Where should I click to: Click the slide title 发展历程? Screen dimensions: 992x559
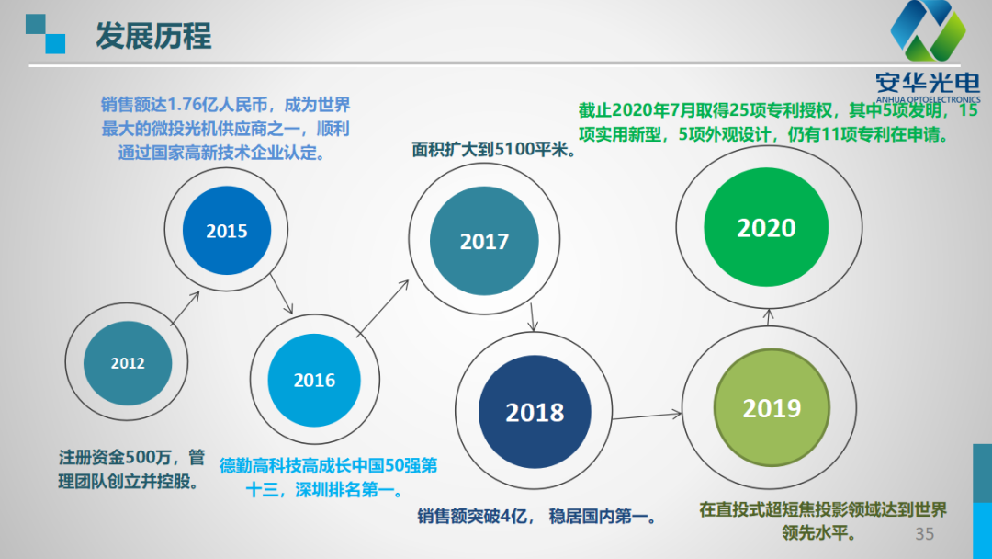[153, 36]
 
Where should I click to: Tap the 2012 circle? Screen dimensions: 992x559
[128, 363]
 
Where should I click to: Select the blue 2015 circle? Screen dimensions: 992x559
[227, 231]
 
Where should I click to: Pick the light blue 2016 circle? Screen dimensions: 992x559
[314, 380]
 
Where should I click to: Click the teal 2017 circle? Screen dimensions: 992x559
[484, 241]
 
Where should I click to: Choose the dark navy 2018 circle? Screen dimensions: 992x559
[535, 412]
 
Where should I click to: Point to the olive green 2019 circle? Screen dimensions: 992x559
[772, 407]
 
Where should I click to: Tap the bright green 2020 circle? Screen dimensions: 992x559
[766, 227]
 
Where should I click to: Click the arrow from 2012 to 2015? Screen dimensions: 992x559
[185, 309]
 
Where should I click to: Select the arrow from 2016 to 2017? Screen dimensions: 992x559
[383, 308]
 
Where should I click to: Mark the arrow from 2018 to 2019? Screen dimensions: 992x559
[647, 416]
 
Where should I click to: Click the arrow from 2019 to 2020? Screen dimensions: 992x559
[769, 317]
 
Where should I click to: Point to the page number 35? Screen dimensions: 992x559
[924, 533]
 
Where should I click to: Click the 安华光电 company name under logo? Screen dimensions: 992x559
[928, 83]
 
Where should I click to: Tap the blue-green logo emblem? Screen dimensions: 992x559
[928, 30]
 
